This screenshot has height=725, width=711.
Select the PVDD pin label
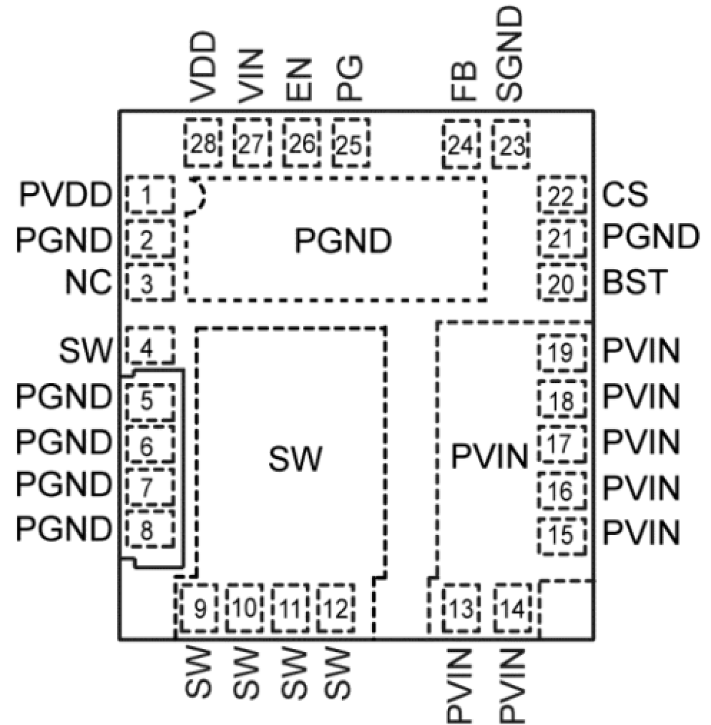(65, 195)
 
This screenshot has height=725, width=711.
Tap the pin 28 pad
(203, 144)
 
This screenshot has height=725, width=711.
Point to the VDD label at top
(203, 67)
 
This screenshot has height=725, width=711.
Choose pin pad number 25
(350, 144)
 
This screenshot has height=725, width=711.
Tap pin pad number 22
(562, 195)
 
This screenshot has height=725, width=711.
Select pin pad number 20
(562, 283)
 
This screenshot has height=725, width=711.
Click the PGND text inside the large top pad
(342, 241)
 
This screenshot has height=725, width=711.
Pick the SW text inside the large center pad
(295, 458)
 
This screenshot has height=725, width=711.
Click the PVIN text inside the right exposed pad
(489, 456)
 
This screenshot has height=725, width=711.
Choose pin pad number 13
(461, 609)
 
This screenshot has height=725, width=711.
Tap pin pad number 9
(199, 609)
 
